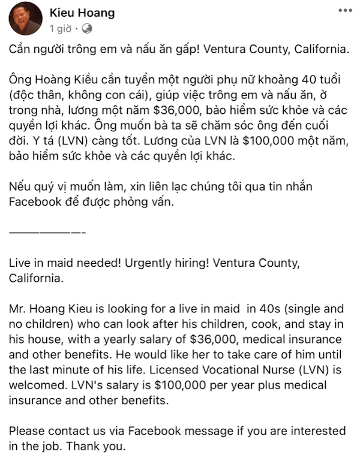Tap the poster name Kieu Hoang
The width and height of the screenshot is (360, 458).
tap(82, 13)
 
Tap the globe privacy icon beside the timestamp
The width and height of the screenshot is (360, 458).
tap(86, 28)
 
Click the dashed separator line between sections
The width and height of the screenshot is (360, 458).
tap(48, 231)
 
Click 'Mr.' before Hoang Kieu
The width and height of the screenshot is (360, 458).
tap(18, 309)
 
